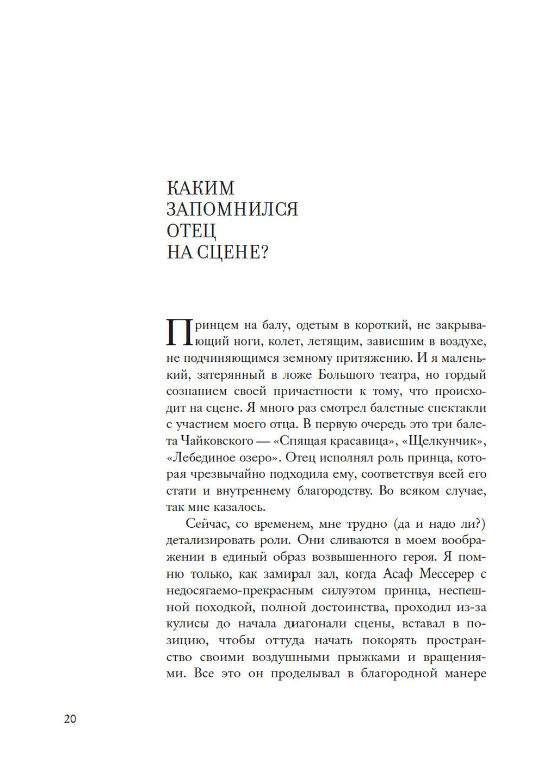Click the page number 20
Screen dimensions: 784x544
click(70, 719)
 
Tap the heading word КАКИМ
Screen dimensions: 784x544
click(200, 188)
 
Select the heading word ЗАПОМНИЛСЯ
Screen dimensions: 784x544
click(232, 209)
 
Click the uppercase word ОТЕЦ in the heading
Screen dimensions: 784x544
click(191, 231)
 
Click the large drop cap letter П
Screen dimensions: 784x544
click(179, 332)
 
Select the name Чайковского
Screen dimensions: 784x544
click(217, 441)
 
